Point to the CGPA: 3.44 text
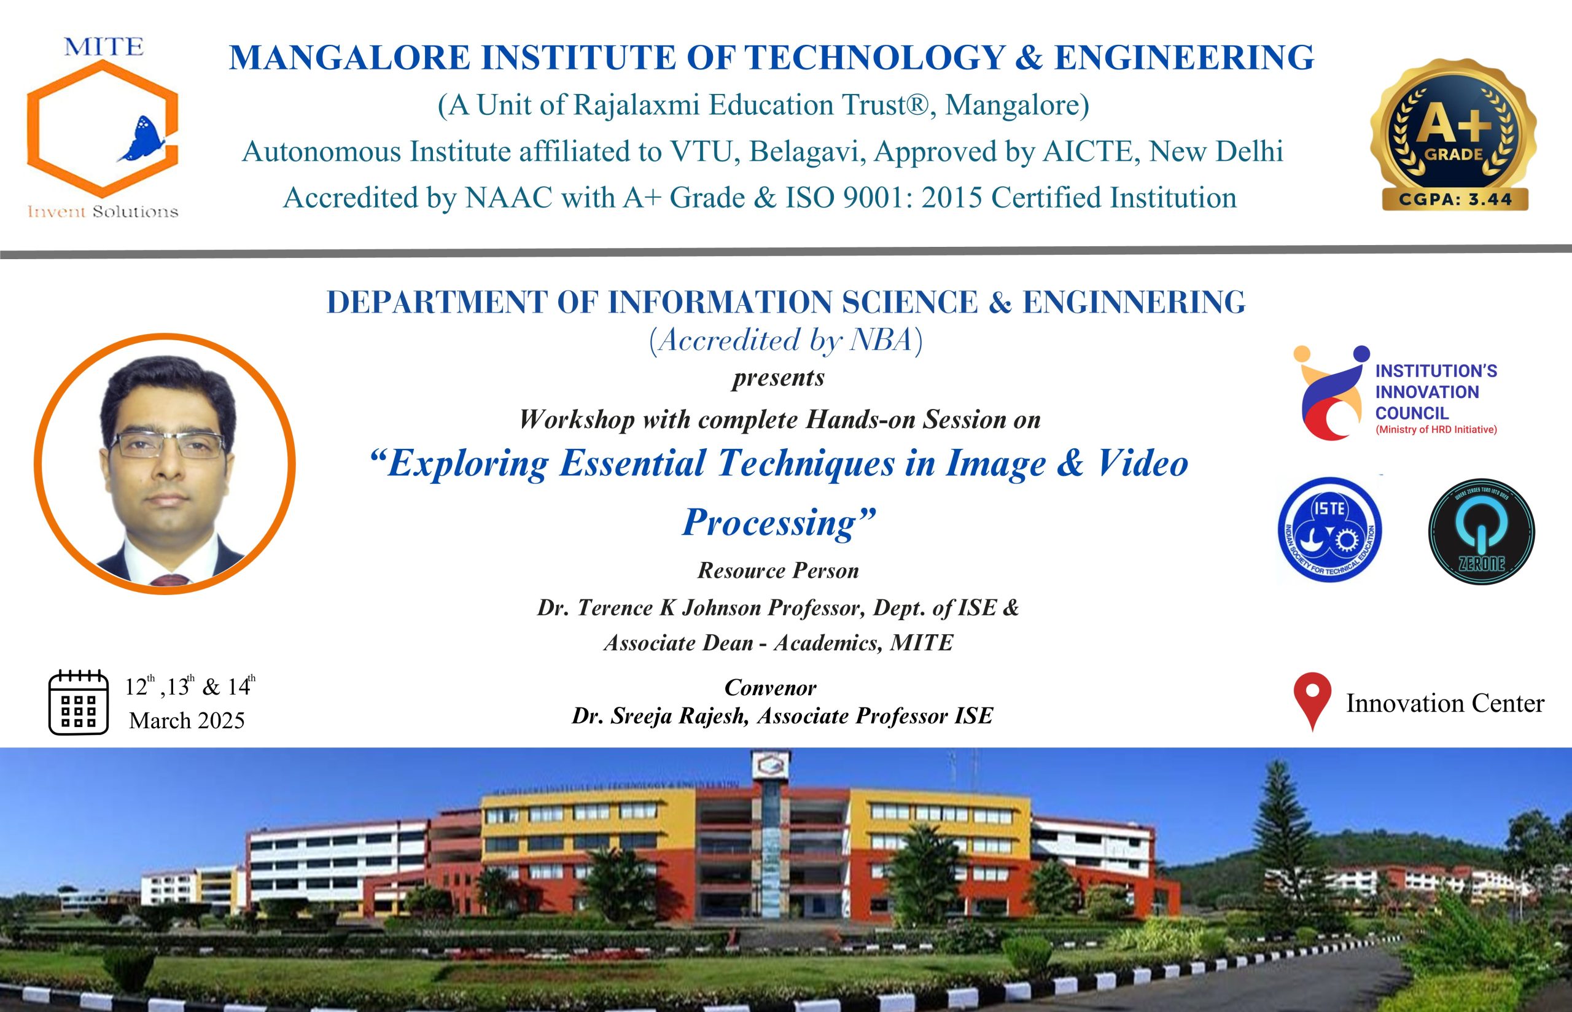click(1455, 199)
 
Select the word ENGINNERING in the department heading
click(1133, 302)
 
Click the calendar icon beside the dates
click(78, 702)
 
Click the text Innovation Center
click(1446, 703)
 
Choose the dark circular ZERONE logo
click(1481, 531)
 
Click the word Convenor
click(770, 687)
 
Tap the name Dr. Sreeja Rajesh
click(660, 715)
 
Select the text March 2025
click(187, 720)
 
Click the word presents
click(779, 378)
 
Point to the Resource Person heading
click(778, 570)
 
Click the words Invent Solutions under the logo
click(103, 212)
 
